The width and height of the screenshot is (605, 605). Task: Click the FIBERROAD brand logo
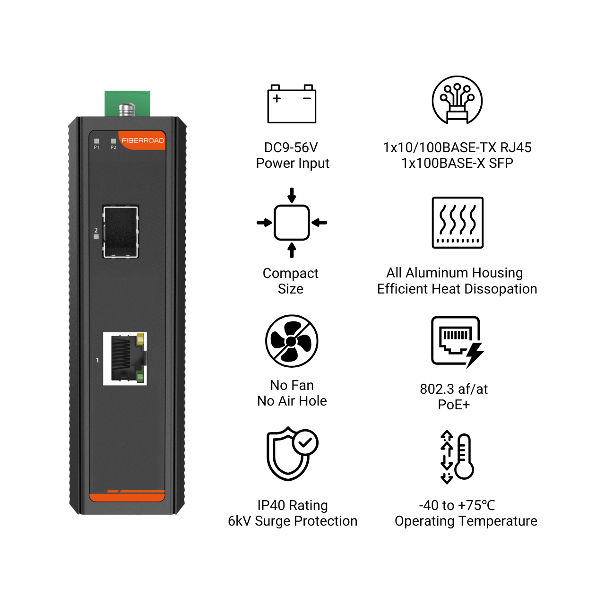(x=143, y=140)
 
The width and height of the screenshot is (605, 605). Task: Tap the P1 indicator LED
(x=97, y=141)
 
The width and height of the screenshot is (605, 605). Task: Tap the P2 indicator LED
(x=113, y=141)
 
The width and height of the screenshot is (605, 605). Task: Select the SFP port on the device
(x=121, y=232)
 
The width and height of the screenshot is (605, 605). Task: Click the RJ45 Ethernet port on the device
(x=125, y=359)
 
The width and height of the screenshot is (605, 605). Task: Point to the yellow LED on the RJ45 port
(x=140, y=339)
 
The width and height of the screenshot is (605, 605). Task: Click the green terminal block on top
(x=127, y=104)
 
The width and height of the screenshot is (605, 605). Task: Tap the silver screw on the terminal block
(x=127, y=110)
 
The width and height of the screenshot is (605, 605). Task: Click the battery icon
(x=292, y=104)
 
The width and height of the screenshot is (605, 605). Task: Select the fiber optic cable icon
(x=457, y=100)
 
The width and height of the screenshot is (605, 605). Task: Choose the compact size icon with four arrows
(x=292, y=223)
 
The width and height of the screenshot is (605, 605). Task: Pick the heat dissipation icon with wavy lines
(x=458, y=223)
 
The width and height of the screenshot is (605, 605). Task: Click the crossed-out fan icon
(x=292, y=341)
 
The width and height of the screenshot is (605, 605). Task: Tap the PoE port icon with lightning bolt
(x=458, y=342)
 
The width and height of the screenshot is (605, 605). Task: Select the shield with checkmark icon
(x=292, y=454)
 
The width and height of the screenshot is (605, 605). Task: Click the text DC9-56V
(x=291, y=147)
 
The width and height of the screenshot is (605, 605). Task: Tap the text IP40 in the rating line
(x=271, y=505)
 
